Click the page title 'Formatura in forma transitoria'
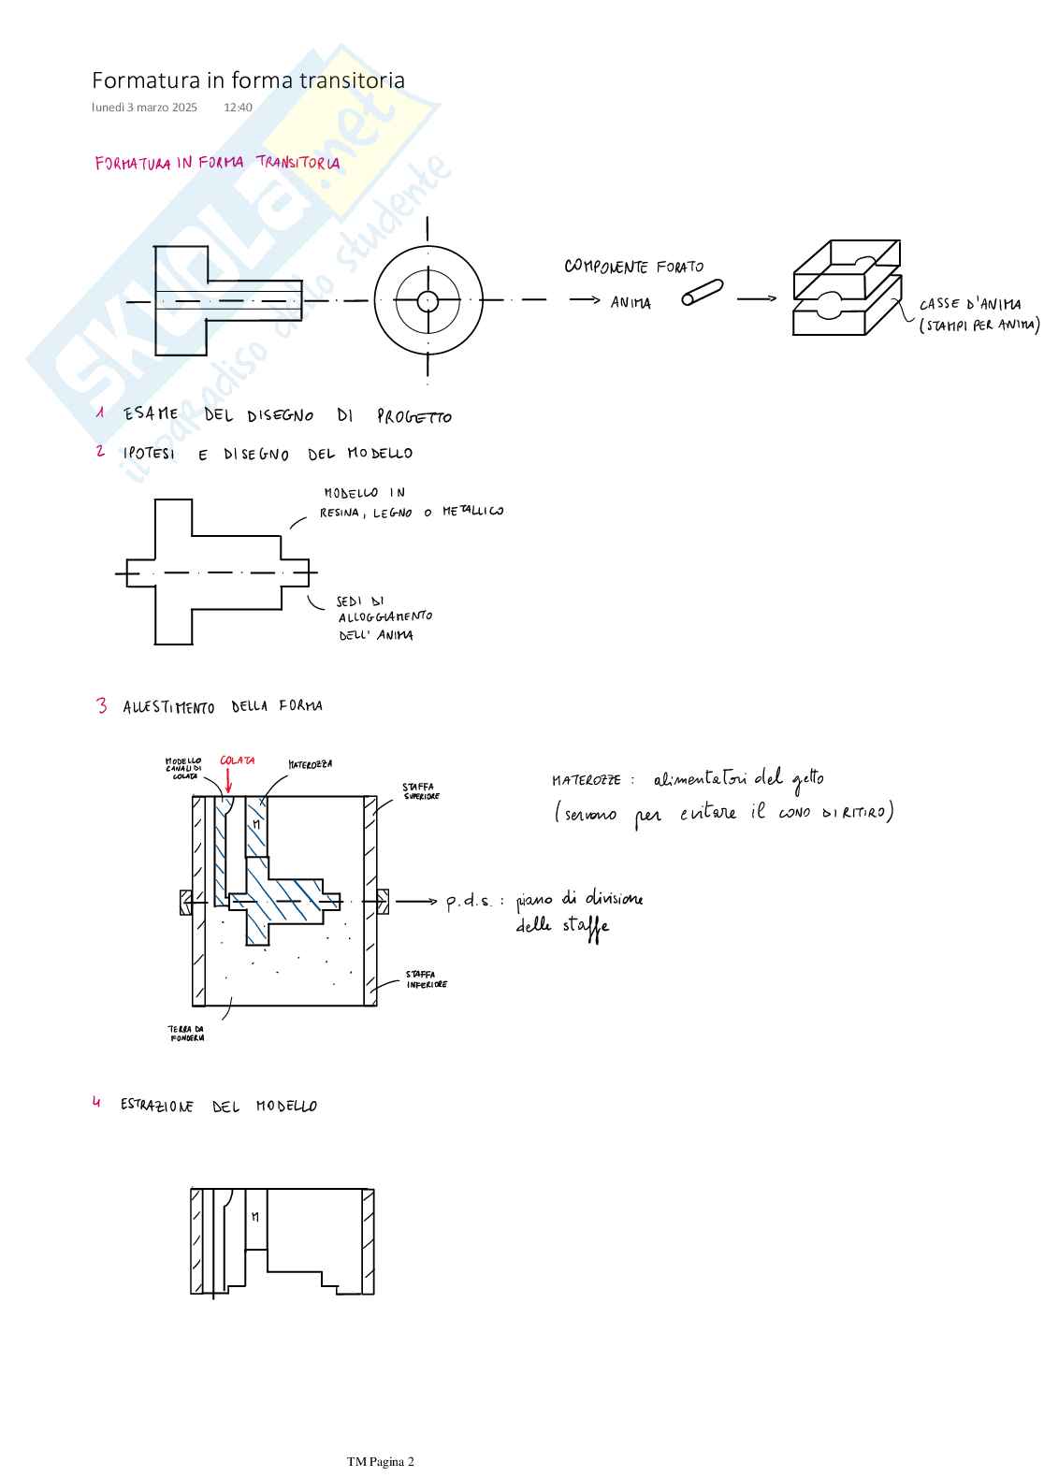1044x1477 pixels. (x=248, y=80)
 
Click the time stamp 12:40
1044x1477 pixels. (x=238, y=108)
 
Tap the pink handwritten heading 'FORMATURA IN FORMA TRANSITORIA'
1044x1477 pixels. (x=217, y=163)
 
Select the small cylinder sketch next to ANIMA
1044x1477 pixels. (x=702, y=293)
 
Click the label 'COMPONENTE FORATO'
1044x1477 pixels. (x=633, y=267)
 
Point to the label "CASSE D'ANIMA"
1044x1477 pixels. (x=969, y=304)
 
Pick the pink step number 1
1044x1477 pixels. (x=100, y=413)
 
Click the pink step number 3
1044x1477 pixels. (x=101, y=705)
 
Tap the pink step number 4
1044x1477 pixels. (x=96, y=1103)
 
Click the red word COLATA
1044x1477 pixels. (x=237, y=760)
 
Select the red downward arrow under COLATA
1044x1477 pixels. (x=228, y=781)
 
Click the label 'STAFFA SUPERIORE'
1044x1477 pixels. (x=420, y=791)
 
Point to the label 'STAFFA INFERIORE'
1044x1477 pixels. (x=426, y=979)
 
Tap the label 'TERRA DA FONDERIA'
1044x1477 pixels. (x=186, y=1034)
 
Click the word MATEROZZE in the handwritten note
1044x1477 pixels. (x=586, y=780)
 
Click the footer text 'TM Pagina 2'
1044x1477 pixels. (x=380, y=1462)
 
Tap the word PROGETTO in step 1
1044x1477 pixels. (x=413, y=417)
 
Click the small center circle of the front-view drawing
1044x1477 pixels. (x=428, y=301)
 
